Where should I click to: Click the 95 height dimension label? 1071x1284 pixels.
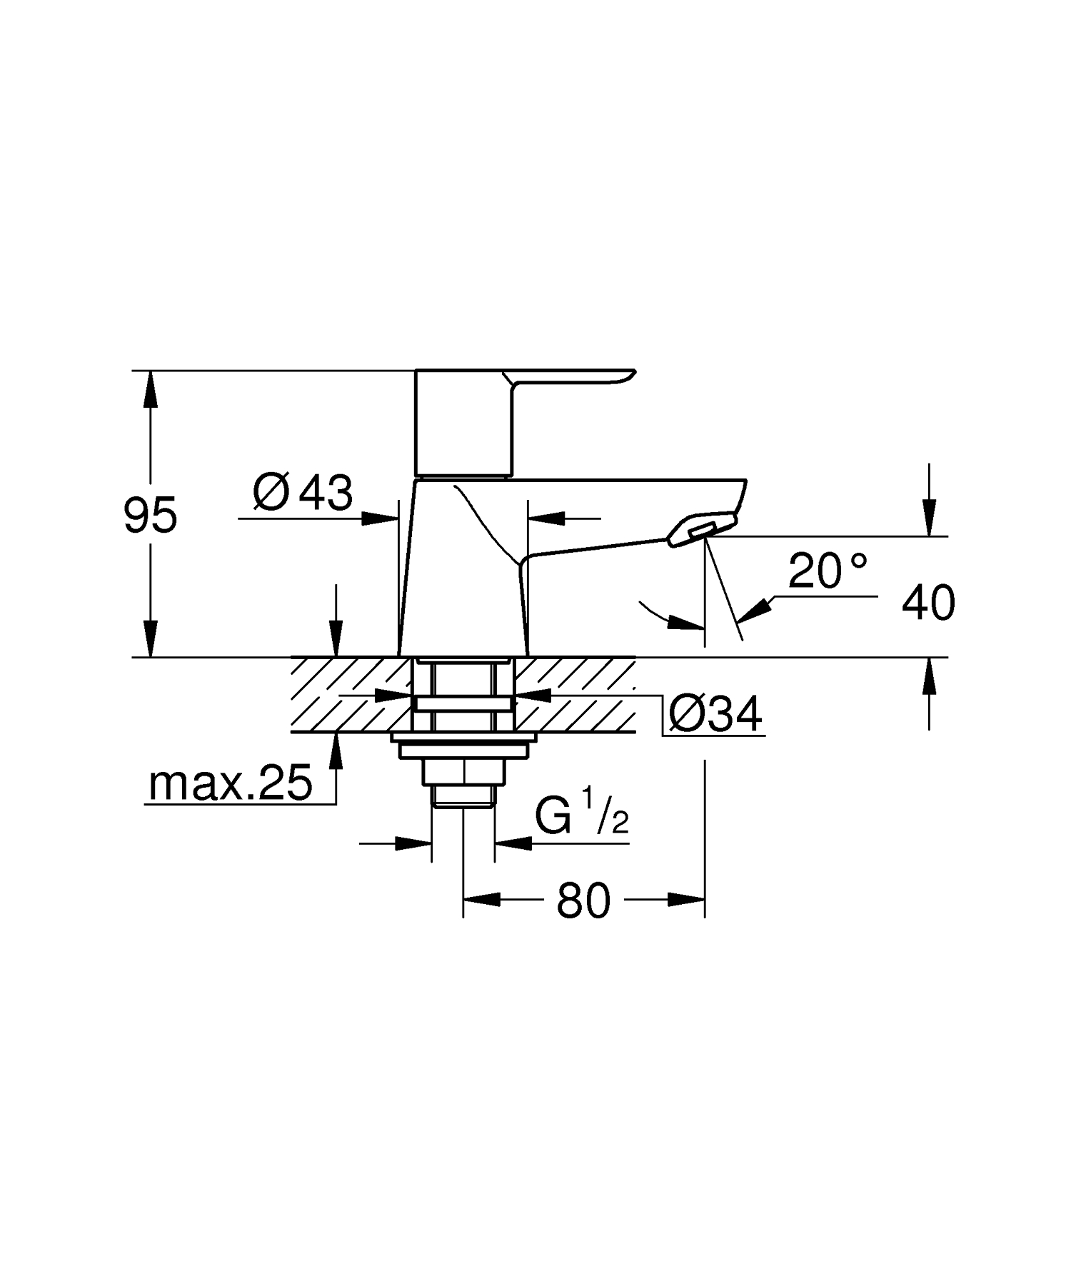(x=150, y=516)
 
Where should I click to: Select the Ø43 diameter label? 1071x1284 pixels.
(x=303, y=493)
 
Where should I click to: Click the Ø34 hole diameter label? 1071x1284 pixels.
(x=715, y=713)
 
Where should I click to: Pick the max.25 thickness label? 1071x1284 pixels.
(x=230, y=783)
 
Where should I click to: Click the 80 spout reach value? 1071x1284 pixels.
(x=583, y=900)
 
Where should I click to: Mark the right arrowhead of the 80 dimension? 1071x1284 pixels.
(x=687, y=900)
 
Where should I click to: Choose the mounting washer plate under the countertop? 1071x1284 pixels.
(x=463, y=737)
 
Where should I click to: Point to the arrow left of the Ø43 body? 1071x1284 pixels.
(x=378, y=518)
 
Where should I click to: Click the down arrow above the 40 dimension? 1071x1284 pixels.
(x=928, y=516)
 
